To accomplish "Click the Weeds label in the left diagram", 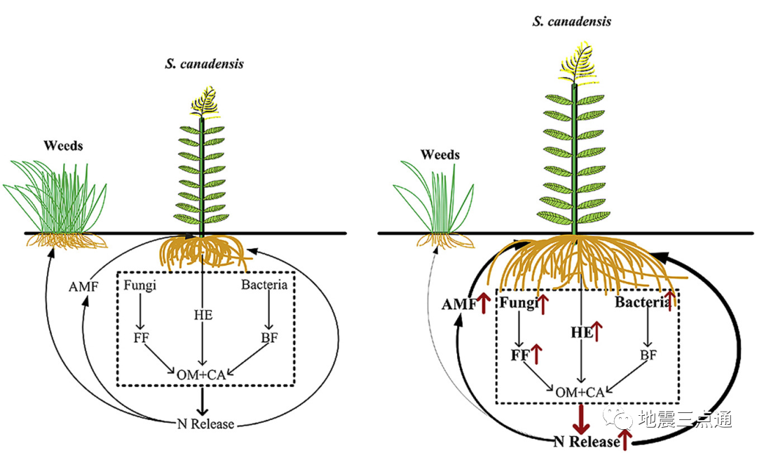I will coord(63,146).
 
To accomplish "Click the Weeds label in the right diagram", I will coord(440,154).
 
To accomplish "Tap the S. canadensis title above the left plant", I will coord(204,64).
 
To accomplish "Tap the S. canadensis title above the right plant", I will coord(571,21).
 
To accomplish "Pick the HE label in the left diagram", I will coord(203,316).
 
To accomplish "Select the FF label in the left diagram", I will coord(142,338).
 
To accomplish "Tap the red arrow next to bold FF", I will coord(537,354).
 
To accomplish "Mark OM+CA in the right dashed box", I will coord(580,392).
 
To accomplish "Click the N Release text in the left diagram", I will coord(205,424).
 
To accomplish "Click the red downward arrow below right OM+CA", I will coord(580,419).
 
